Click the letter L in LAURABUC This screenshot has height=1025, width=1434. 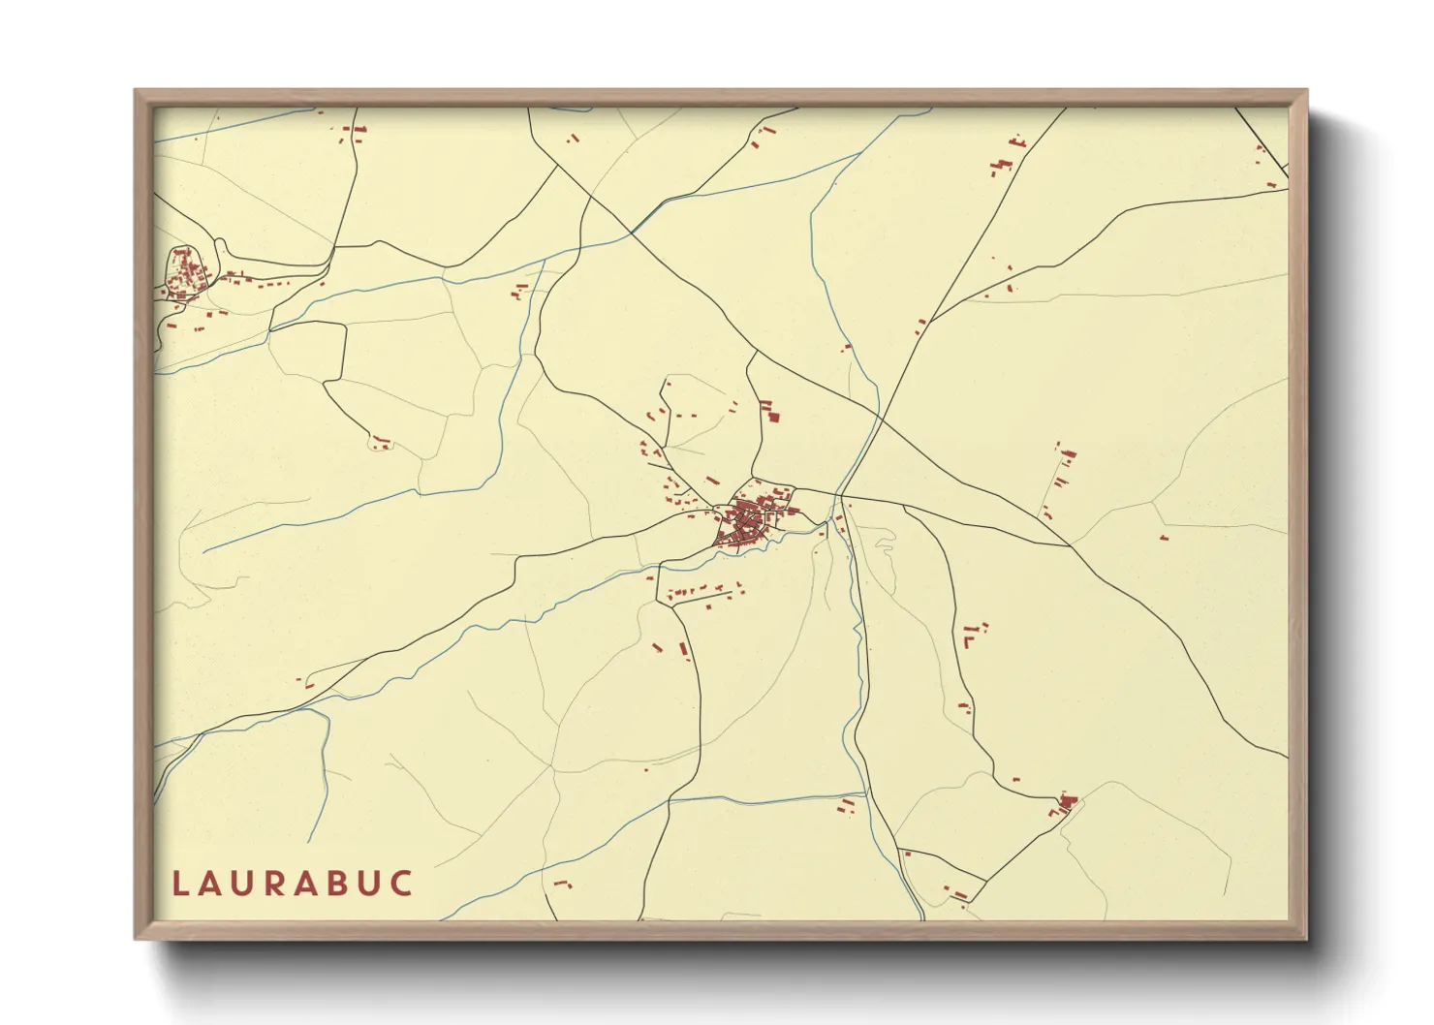tap(179, 884)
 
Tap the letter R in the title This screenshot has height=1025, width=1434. tap(288, 884)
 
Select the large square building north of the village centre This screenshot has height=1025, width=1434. tap(773, 417)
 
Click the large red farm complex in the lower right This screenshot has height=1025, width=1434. tap(1068, 802)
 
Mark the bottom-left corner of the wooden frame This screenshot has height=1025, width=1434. tap(137, 937)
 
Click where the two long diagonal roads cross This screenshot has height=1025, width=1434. tap(879, 417)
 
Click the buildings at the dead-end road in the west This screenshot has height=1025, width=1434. tap(381, 444)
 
